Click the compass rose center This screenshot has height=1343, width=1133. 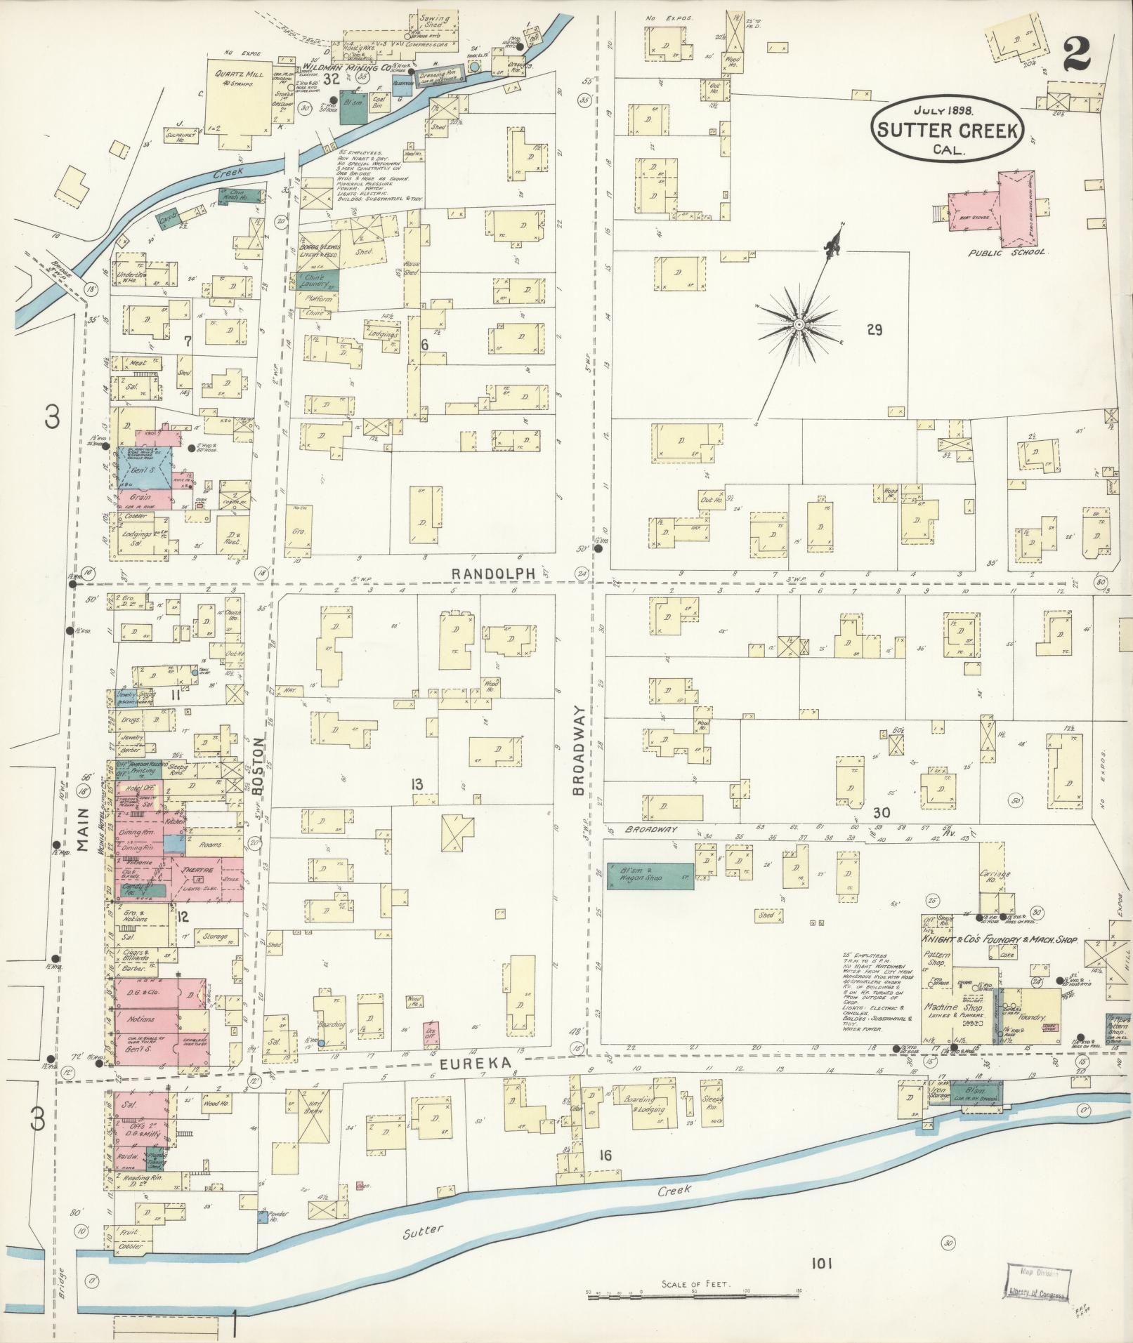coord(799,324)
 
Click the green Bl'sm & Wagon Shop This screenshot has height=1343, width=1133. coord(650,876)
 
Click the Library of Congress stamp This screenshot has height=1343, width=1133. coord(1036,1280)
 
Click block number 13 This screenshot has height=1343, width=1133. coord(417,784)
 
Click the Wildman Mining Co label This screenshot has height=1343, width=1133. coord(346,68)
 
